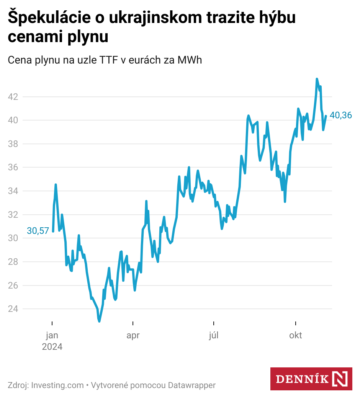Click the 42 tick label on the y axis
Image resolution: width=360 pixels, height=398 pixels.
pos(13,97)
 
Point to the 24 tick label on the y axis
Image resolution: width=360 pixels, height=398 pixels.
pos(13,309)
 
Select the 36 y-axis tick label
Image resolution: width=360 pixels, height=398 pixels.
pos(13,168)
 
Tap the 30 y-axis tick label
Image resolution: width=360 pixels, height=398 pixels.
pos(13,238)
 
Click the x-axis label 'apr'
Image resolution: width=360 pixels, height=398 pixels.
pos(133,336)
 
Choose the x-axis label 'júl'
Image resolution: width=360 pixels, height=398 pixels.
pos(214,336)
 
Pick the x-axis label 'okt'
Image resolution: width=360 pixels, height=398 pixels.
pos(295,336)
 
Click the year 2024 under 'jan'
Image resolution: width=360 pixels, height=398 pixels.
pos(52,347)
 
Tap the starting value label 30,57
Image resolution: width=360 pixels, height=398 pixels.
pos(38,231)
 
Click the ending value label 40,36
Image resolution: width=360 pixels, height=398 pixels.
pos(341,115)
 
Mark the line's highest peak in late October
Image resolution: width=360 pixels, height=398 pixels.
pos(317,79)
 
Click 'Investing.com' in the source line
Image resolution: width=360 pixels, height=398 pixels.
pos(57,385)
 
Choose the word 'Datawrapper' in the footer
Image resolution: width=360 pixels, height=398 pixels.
pos(192,385)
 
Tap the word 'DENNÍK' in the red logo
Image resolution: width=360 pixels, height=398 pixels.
pos(303,379)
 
